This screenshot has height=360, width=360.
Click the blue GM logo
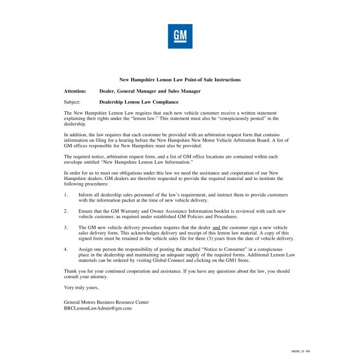180,36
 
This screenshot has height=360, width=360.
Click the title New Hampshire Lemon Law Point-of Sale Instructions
180,80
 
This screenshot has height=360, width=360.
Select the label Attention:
75,91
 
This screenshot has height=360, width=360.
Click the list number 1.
66,195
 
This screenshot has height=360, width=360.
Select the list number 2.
66,211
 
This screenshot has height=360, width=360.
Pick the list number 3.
66,227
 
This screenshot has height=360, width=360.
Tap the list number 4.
66,249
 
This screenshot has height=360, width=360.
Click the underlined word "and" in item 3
217,227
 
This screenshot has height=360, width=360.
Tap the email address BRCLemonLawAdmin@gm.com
98,308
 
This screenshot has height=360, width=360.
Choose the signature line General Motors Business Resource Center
106,302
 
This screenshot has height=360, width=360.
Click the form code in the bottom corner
300,351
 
